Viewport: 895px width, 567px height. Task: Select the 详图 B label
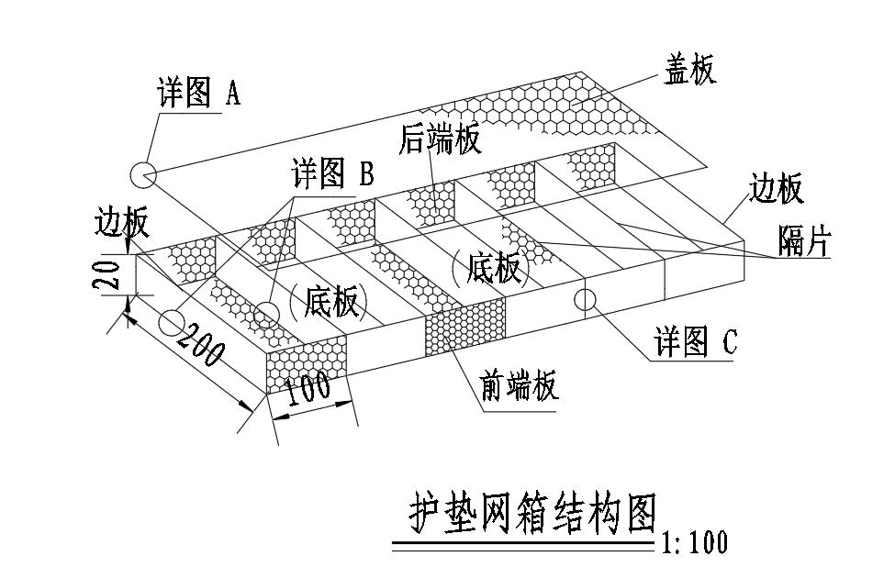tap(331, 173)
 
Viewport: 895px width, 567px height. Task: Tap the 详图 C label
tap(695, 342)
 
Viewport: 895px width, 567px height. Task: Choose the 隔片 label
tap(804, 243)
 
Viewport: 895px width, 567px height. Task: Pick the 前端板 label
tap(520, 385)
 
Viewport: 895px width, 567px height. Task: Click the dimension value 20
tap(108, 273)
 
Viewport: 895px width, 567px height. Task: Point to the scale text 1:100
tap(694, 543)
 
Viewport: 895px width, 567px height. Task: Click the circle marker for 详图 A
tap(142, 172)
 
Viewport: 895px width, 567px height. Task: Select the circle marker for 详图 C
tap(585, 298)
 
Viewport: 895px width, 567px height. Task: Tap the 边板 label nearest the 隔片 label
tap(777, 189)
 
